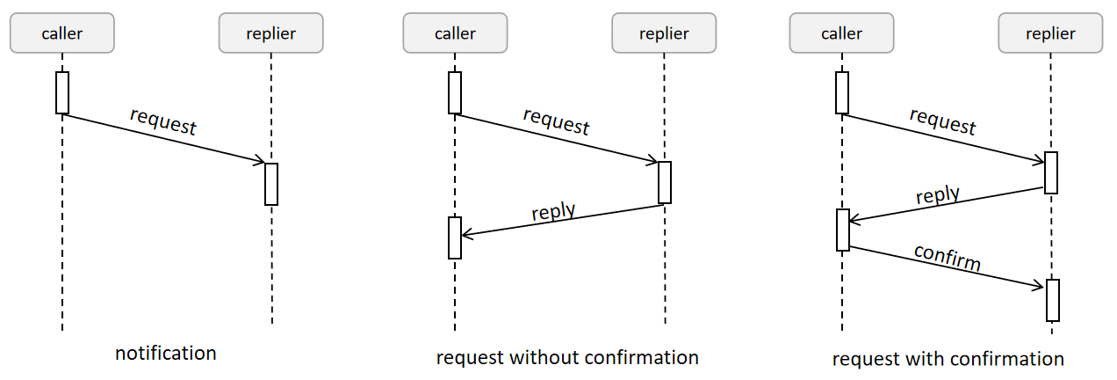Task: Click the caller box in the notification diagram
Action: [62, 33]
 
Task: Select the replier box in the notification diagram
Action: [271, 33]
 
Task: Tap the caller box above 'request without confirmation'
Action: [455, 33]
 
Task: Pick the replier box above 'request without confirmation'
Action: [664, 33]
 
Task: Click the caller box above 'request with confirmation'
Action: [841, 33]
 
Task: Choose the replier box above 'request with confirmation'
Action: [1050, 33]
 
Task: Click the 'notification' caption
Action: [166, 354]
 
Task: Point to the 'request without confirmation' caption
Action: [567, 357]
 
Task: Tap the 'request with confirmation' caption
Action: [948, 359]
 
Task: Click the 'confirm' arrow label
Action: [948, 257]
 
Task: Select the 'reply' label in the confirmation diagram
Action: [937, 195]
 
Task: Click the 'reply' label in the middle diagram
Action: [553, 212]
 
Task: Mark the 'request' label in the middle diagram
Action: [556, 121]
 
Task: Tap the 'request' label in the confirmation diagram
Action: [942, 121]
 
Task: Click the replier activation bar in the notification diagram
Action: [271, 184]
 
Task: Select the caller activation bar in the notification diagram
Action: [62, 92]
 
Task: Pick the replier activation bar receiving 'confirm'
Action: [1053, 300]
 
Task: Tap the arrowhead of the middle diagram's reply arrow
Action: [466, 235]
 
